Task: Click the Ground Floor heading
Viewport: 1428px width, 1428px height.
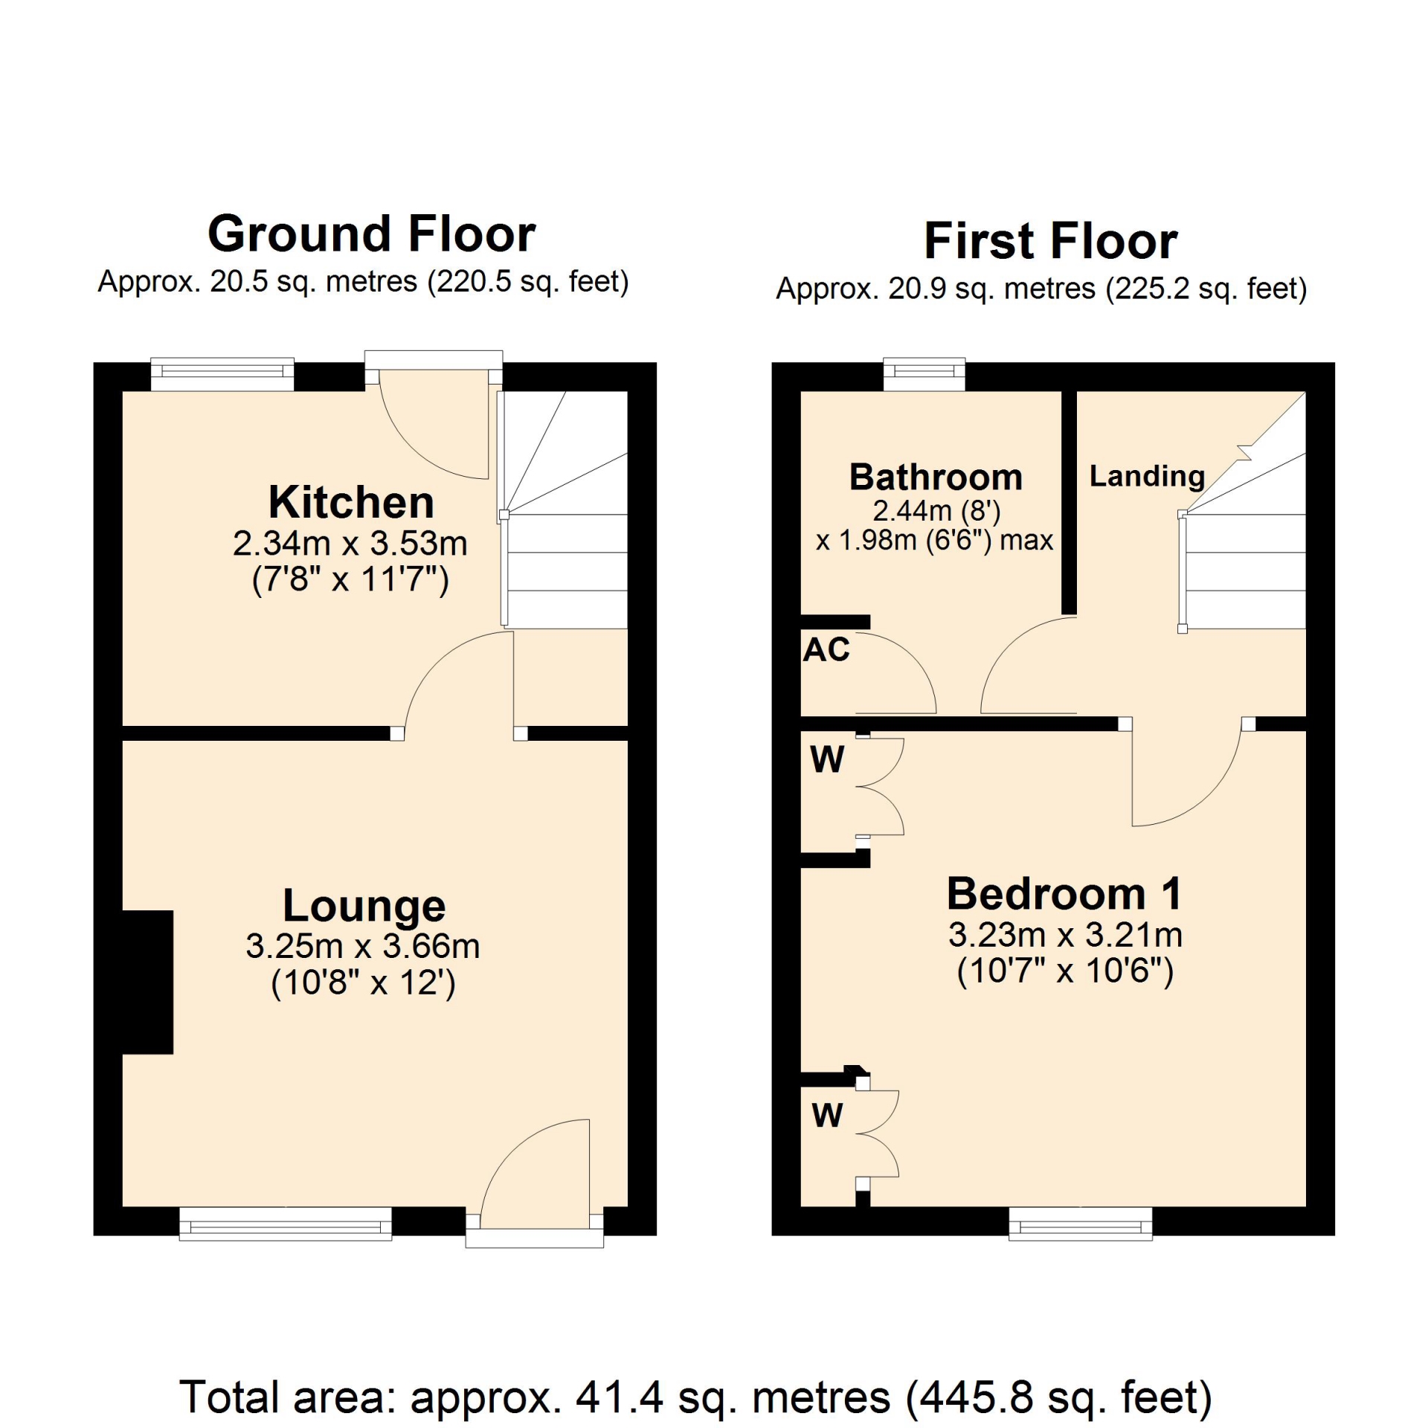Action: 371,234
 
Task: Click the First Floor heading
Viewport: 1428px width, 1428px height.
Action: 1050,241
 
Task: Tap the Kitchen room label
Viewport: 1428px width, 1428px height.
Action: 351,502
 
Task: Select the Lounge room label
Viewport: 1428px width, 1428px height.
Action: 364,906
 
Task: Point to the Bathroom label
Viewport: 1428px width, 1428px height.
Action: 936,477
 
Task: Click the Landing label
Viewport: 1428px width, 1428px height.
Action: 1147,477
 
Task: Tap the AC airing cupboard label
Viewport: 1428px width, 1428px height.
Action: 826,650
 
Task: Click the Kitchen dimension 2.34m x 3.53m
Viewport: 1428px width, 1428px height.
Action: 350,544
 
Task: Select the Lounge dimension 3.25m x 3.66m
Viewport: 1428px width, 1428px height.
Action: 363,947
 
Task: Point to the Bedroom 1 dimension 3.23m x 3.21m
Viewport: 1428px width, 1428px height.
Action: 1065,935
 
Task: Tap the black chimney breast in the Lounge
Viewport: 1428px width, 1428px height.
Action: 147,982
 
